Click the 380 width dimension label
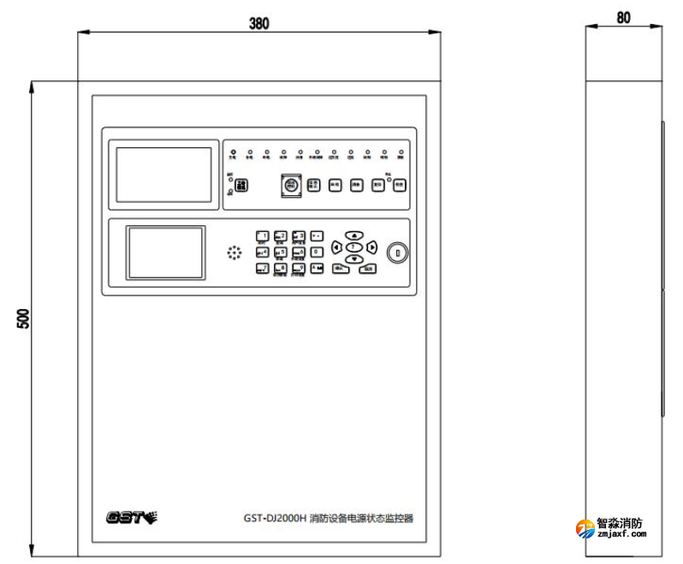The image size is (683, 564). [259, 23]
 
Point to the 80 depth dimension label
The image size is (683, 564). [623, 18]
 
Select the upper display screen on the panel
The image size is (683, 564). [163, 175]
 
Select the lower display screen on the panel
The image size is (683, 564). [166, 253]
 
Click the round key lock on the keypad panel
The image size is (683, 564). [397, 252]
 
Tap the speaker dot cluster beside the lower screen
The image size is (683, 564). [234, 253]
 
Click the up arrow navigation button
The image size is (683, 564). [354, 235]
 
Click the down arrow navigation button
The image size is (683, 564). [354, 258]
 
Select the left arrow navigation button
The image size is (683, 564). [336, 246]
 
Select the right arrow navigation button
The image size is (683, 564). [372, 246]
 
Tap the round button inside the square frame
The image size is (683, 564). [291, 185]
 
